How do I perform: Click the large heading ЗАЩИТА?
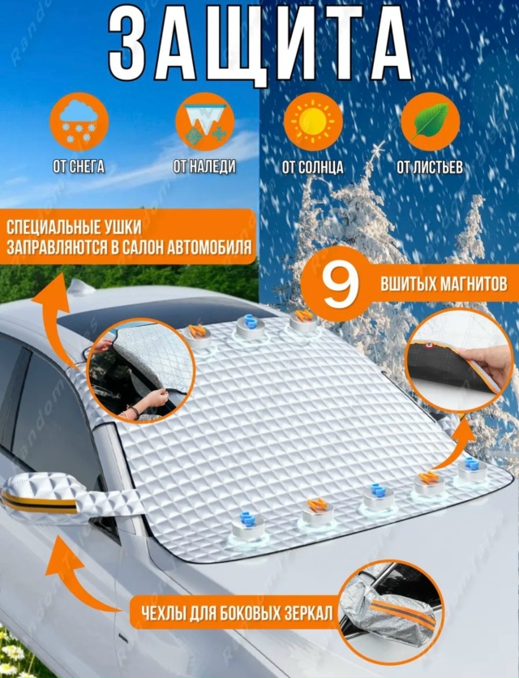[x=259, y=45]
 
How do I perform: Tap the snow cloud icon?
[x=79, y=121]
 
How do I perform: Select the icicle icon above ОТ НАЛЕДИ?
[x=204, y=121]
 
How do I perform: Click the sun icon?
[x=313, y=121]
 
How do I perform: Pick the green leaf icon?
[x=431, y=121]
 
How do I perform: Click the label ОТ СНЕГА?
[x=79, y=166]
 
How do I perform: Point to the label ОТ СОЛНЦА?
[x=313, y=167]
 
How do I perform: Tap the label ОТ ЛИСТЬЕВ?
[x=430, y=167]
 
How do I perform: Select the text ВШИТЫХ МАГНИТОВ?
[x=444, y=284]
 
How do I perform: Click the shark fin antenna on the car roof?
[x=81, y=286]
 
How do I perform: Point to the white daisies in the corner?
[x=13, y=653]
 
